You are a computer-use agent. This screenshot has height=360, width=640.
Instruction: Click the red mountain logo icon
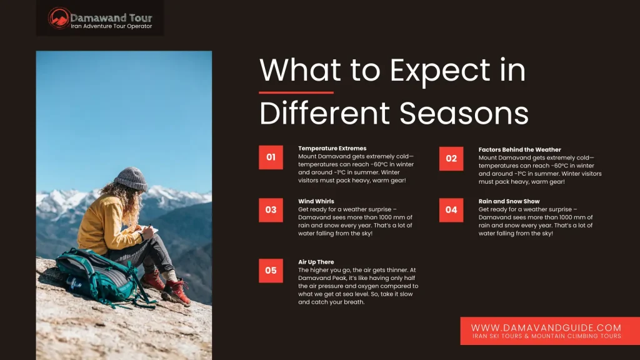pos(59,18)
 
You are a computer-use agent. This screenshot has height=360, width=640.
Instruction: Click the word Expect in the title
pos(439,71)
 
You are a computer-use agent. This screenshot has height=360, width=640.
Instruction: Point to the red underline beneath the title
pos(296,92)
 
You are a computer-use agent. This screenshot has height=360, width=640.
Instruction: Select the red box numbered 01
pos(271,157)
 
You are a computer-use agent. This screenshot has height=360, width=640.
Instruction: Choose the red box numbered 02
pos(451,158)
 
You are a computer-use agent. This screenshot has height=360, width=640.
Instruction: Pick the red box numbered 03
pos(271,210)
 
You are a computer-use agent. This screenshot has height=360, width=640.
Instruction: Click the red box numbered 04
pos(451,210)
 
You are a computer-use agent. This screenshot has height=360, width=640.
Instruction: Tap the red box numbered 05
pos(271,270)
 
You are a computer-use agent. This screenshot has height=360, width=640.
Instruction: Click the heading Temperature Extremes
pos(332,148)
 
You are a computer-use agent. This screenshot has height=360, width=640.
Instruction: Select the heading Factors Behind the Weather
pos(519,149)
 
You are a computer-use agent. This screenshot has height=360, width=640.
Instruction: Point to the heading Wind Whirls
pos(316,201)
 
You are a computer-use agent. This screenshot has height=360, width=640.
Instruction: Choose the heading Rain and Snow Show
pos(509,201)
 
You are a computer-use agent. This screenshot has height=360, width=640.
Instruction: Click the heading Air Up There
pos(316,262)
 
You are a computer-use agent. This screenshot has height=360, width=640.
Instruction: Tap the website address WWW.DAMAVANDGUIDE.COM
pos(546,327)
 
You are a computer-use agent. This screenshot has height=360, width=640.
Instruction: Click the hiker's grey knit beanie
pos(131,179)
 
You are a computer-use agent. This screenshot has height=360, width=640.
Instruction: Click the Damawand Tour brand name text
pos(111,18)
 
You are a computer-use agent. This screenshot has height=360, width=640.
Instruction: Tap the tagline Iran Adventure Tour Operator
pos(111,26)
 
